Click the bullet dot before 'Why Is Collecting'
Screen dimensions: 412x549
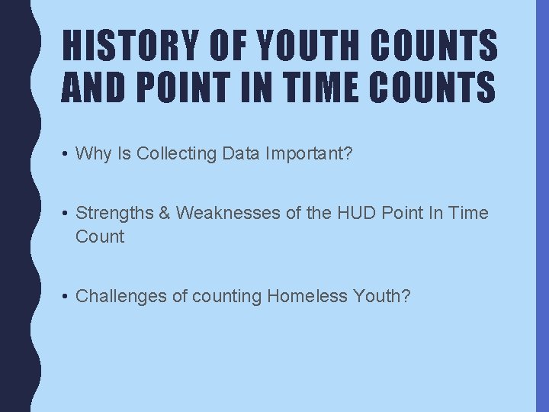[67, 154]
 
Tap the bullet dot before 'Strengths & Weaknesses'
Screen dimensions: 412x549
[67, 214]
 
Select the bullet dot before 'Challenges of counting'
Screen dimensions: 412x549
[67, 296]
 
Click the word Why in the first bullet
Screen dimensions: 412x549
[93, 153]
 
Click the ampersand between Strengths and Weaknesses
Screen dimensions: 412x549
[164, 213]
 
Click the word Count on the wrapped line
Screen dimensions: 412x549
[99, 237]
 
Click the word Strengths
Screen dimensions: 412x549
[114, 213]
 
